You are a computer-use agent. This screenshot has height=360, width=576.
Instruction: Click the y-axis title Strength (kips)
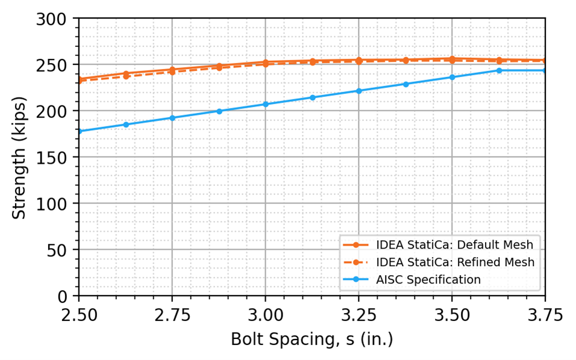(19, 157)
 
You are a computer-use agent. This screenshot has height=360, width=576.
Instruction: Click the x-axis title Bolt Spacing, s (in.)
(311, 340)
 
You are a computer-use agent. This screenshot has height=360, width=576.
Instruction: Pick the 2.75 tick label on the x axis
(172, 315)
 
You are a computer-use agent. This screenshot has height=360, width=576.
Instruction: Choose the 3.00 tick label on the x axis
(265, 315)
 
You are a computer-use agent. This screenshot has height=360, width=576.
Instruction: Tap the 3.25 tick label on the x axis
(358, 315)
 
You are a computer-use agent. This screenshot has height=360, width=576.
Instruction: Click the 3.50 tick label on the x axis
(452, 315)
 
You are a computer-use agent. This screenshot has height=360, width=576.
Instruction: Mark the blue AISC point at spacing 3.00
(265, 104)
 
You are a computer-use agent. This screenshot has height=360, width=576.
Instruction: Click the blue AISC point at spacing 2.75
(172, 118)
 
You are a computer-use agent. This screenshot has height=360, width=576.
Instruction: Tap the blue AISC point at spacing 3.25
(358, 91)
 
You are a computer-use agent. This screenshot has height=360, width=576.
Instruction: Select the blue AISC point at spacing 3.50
(452, 77)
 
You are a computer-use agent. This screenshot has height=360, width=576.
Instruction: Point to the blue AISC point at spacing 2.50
(79, 131)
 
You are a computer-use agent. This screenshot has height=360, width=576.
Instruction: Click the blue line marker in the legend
(356, 279)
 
